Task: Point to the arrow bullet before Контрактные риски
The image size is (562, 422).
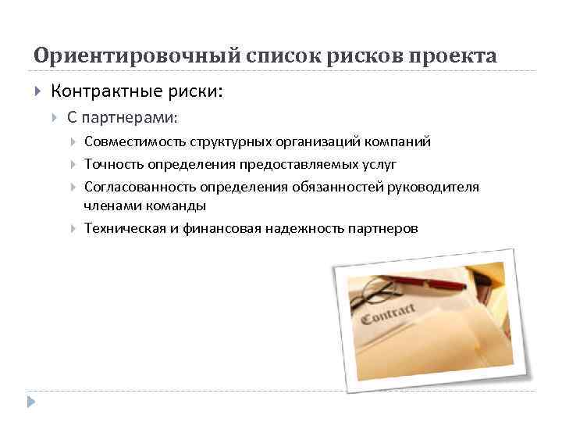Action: (x=38, y=92)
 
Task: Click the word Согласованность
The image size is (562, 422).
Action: (x=140, y=188)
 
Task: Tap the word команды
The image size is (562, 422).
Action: (x=178, y=206)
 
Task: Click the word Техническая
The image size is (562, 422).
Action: (x=123, y=229)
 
